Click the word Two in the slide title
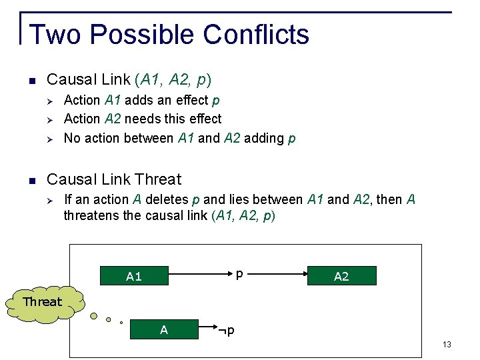coord(55,34)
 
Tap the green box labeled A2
coord(341,276)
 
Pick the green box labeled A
coord(163,329)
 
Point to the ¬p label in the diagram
coord(227,330)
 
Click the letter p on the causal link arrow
coord(239,273)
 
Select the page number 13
coord(447,344)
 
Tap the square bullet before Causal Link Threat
coord(31,180)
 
